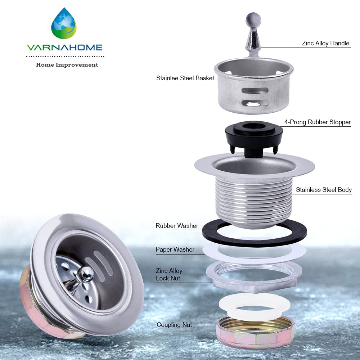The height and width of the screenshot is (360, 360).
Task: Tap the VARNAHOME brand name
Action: click(x=64, y=48)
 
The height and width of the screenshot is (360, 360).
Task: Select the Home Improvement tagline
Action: click(x=67, y=65)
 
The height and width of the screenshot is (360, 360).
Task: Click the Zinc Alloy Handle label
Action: click(x=325, y=43)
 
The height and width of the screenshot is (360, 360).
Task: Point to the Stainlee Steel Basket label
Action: click(x=185, y=78)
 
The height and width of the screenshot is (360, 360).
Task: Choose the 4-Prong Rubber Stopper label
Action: click(x=317, y=122)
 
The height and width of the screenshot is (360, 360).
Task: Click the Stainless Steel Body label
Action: click(x=324, y=190)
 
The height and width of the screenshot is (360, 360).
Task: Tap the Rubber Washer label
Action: click(x=177, y=226)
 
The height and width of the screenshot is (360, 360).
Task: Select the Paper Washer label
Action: click(x=175, y=249)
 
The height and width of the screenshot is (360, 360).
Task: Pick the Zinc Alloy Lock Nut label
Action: click(x=169, y=275)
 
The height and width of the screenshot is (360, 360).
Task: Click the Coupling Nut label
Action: click(x=174, y=325)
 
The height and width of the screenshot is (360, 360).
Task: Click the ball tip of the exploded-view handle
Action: click(x=253, y=20)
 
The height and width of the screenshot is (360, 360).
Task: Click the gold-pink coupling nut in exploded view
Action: click(x=255, y=339)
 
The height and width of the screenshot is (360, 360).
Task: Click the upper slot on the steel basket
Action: click(x=255, y=91)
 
